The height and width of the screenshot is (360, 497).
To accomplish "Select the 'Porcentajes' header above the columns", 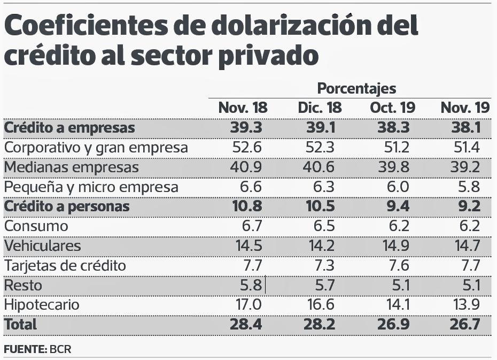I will click(x=356, y=88).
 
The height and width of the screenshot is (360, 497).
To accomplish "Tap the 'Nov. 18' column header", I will click(x=243, y=108).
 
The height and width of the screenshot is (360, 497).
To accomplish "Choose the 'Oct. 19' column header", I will click(x=392, y=108).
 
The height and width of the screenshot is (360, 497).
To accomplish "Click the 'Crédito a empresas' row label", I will click(x=69, y=128).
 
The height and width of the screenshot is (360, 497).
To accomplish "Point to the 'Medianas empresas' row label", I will click(x=71, y=167).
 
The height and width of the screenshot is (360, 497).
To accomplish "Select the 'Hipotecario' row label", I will click(x=42, y=305).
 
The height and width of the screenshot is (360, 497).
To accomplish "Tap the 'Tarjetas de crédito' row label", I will click(x=65, y=265).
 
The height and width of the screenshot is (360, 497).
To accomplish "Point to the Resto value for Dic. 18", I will click(x=323, y=285).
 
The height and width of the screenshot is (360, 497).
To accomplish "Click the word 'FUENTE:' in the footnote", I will click(x=25, y=349).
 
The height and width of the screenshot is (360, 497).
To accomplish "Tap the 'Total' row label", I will click(x=20, y=324).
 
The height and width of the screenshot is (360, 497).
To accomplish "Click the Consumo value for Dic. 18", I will click(x=323, y=226).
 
